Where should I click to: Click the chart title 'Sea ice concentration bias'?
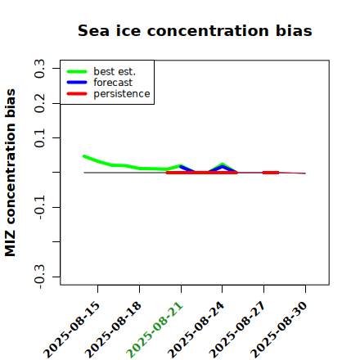click(195, 30)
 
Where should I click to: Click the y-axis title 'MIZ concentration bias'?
click(10, 173)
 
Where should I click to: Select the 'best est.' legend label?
click(115, 71)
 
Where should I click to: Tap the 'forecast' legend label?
click(113, 83)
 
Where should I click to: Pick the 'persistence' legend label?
click(122, 94)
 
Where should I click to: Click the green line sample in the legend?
click(77, 71)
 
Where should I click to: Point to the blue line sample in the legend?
click(77, 83)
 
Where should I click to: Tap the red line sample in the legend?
click(77, 94)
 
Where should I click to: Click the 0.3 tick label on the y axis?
click(39, 69)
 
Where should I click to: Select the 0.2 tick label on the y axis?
click(39, 103)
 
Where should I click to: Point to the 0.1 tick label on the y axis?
click(39, 138)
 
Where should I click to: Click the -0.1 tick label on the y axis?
click(39, 207)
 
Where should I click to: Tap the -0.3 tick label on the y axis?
click(39, 277)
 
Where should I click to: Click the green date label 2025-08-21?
click(155, 330)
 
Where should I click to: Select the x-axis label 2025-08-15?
click(71, 330)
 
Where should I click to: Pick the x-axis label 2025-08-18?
click(113, 330)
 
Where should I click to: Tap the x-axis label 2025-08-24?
click(196, 330)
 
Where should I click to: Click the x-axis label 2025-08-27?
click(237, 330)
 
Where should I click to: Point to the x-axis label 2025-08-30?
click(279, 330)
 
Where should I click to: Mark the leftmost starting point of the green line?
click(84, 156)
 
